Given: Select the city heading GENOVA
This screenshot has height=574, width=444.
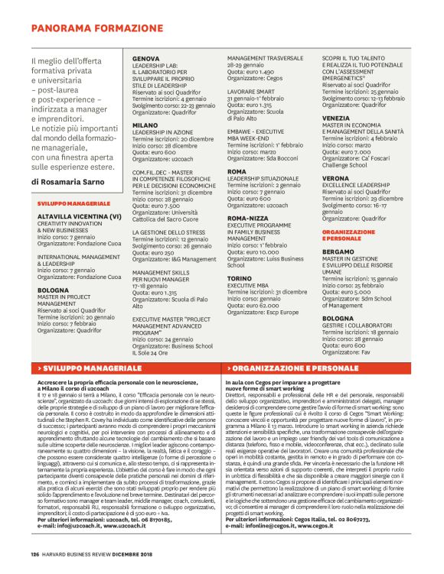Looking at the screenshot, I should coord(146,59).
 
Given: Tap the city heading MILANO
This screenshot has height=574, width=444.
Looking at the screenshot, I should coord(145,123).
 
